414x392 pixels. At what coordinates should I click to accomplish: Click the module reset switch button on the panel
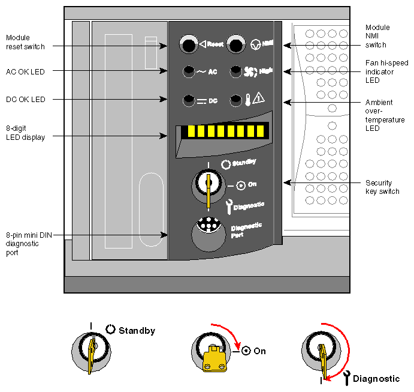pyautogui.click(x=188, y=44)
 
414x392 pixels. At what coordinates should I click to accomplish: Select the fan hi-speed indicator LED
pyautogui.click(x=236, y=71)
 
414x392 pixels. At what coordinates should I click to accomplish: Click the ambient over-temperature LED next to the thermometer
pyautogui.click(x=235, y=99)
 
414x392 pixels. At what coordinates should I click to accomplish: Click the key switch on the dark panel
pyautogui.click(x=207, y=183)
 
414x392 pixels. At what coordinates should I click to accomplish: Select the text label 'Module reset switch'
pyautogui.click(x=19, y=41)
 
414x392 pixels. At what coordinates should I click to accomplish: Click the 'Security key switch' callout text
pyautogui.click(x=382, y=187)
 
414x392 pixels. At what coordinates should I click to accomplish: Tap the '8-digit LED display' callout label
pyautogui.click(x=24, y=133)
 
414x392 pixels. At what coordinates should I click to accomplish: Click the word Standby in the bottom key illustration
pyautogui.click(x=137, y=331)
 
